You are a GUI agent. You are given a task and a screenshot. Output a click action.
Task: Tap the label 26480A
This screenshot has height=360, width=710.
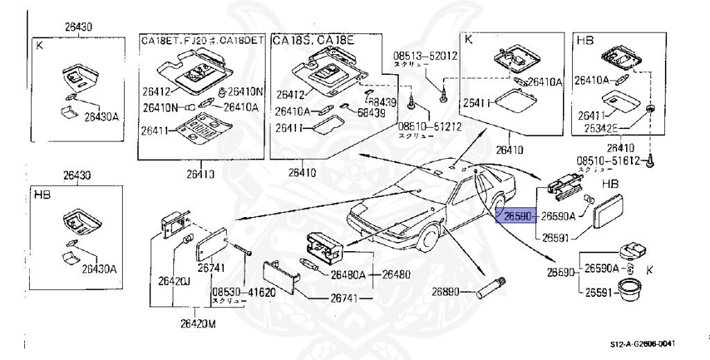(x=348, y=275)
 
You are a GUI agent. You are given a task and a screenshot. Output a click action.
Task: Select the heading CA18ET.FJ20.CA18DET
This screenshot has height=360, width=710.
(x=202, y=40)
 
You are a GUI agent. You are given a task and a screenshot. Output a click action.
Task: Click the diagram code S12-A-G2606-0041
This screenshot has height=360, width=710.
(x=642, y=343)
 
